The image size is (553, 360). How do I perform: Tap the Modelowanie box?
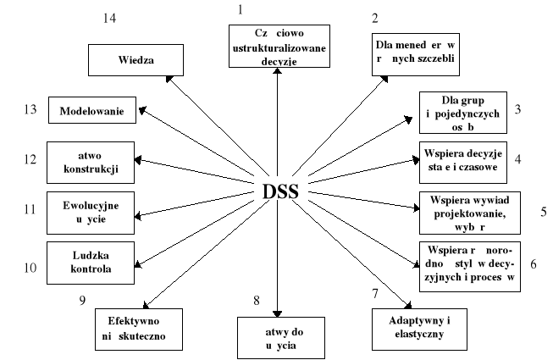(93, 111)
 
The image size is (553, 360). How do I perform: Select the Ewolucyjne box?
(91, 212)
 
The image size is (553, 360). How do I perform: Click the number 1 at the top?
(240, 9)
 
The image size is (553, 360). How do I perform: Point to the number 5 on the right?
(543, 212)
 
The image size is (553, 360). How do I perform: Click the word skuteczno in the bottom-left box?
(149, 335)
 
